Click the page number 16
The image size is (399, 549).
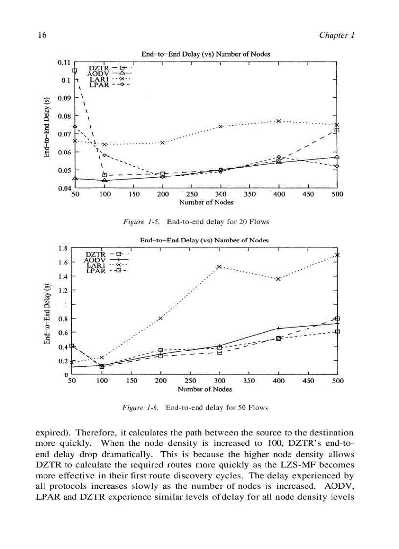pos(41,35)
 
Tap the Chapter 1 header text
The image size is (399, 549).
pos(336,35)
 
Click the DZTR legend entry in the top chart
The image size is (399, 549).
pos(98,68)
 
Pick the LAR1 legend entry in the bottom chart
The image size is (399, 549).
pos(95,265)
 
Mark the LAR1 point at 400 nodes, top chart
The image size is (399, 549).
pos(279,121)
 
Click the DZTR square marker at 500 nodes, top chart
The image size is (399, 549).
pos(337,131)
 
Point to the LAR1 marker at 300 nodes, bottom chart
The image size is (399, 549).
pos(220,266)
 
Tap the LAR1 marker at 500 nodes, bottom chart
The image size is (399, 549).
pos(337,255)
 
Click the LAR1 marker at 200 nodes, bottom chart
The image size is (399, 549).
pos(161,318)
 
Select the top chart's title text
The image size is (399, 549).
pos(205,54)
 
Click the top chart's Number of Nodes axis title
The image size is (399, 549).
pos(206,202)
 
